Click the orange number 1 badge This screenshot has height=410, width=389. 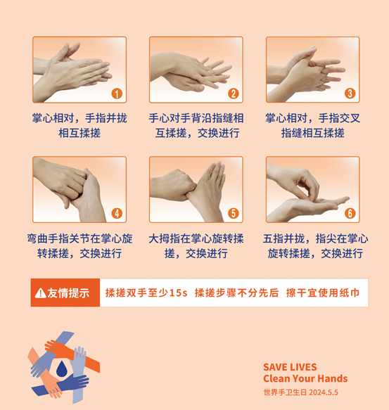coord(117,94)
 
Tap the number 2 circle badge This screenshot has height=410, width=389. coord(234,94)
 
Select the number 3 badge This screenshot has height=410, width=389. coord(350,94)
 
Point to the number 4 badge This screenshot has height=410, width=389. coord(117,213)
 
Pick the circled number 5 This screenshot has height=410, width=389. coord(234,213)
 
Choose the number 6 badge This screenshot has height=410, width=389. coord(350,213)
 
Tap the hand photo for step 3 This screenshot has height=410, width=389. coord(312,69)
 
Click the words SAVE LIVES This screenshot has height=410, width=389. coord(290,367)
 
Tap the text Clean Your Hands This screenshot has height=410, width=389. coord(305,379)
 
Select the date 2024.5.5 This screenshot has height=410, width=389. coord(323,392)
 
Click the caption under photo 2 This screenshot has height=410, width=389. coord(196,125)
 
